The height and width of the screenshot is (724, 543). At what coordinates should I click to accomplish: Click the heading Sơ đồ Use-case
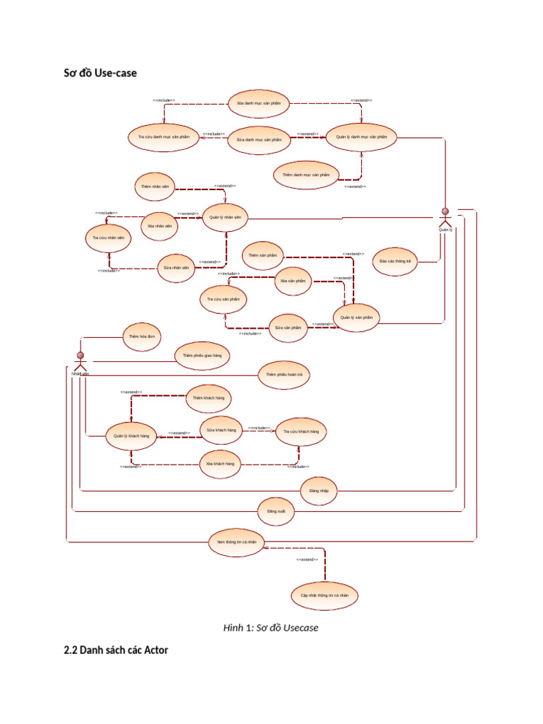point(100,72)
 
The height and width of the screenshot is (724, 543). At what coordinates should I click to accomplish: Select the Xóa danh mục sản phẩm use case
point(259,103)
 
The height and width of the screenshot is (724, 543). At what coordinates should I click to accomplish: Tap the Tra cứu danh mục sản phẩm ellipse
point(164,136)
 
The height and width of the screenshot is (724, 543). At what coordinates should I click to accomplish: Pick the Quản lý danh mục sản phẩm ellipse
point(361,136)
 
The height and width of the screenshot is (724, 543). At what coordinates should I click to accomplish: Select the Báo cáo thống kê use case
point(395,261)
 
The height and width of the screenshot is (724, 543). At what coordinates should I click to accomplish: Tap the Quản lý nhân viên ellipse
point(226,218)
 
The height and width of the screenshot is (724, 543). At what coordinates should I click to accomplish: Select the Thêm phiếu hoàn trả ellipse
point(284,374)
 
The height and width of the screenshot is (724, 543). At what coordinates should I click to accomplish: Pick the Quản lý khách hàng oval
point(132,436)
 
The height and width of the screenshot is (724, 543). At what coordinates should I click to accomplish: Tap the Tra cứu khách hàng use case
point(300,431)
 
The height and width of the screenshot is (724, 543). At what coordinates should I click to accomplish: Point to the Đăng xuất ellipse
point(276,510)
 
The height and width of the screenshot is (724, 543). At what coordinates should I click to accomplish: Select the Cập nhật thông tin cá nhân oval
point(325,595)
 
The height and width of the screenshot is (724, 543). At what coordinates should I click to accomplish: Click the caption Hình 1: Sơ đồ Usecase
point(271,627)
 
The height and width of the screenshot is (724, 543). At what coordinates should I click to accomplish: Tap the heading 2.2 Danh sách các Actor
point(116,650)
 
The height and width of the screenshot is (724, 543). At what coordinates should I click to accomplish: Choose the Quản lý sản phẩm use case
point(356,318)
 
